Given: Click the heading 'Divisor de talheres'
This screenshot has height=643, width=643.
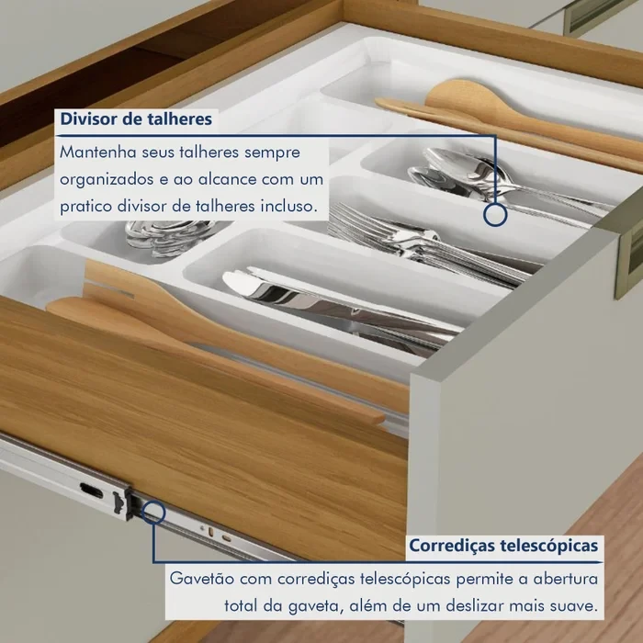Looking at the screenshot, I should (136, 119).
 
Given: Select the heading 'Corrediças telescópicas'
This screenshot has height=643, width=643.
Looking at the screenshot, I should (504, 546).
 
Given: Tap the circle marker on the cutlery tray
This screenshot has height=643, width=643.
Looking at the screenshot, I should (495, 214).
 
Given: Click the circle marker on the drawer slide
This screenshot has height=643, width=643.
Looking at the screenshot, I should (153, 509).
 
